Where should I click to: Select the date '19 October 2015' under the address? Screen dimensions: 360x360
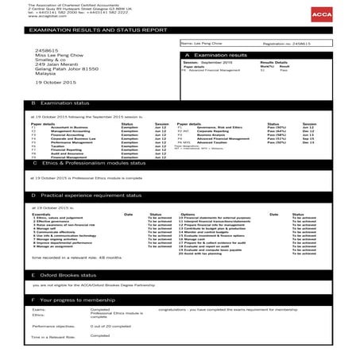[x=54, y=83]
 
